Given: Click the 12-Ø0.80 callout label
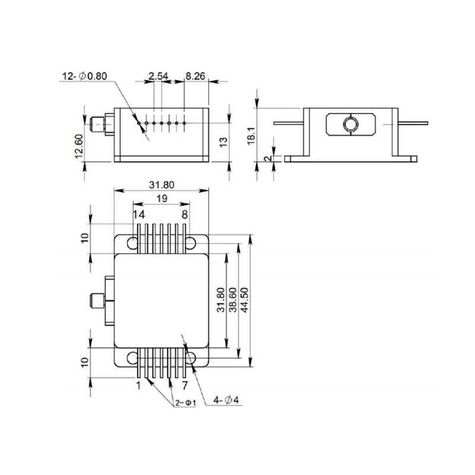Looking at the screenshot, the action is click(x=84, y=76).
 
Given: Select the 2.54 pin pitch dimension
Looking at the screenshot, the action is click(x=158, y=76).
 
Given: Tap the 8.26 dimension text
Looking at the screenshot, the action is click(x=195, y=76).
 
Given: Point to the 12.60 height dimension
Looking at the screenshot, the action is click(x=79, y=146).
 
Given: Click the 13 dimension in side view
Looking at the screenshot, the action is click(x=223, y=142).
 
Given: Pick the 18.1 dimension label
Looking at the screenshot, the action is click(x=252, y=136).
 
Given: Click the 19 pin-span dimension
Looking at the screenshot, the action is click(x=162, y=198).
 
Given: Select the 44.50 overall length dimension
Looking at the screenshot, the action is click(x=244, y=300).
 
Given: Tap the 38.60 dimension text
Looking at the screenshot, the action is click(x=233, y=300).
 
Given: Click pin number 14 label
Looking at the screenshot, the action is click(x=139, y=215).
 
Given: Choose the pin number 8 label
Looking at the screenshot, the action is click(x=185, y=215).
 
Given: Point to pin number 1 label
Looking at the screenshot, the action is click(x=139, y=385).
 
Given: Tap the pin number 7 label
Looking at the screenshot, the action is click(x=185, y=385).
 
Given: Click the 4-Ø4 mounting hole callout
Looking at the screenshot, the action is click(x=226, y=400).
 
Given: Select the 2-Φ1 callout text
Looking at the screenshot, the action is click(x=186, y=403).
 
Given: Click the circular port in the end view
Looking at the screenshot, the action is click(x=351, y=123).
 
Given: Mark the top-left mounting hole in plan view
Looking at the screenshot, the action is click(x=132, y=243).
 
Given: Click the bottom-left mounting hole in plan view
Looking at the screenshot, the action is click(x=132, y=359).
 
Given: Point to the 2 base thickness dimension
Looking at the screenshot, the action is click(x=267, y=159).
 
